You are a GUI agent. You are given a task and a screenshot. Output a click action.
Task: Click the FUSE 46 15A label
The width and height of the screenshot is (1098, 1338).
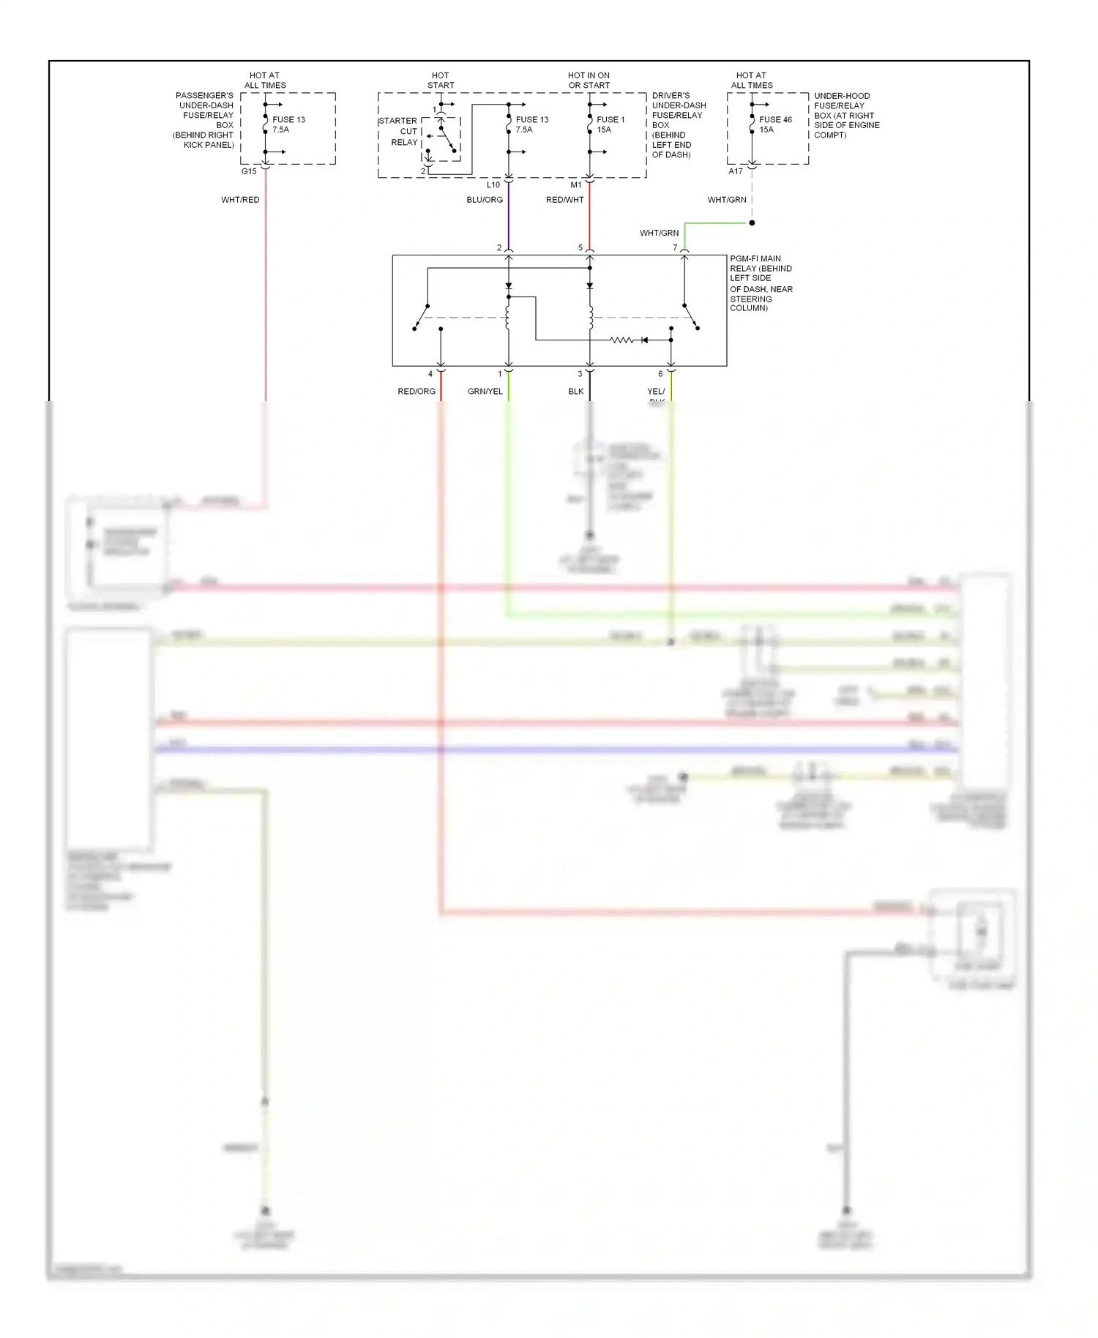775,124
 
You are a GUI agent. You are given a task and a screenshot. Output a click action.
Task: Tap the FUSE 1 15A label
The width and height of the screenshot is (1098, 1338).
610,124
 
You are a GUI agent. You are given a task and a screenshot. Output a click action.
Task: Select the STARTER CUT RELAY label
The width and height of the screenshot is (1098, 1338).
399,132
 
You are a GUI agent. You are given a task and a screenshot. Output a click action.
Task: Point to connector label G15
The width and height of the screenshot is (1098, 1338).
249,171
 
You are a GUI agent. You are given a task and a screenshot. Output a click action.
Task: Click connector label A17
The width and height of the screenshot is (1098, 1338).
736,171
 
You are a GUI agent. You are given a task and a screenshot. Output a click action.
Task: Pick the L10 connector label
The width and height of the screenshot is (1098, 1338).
493,185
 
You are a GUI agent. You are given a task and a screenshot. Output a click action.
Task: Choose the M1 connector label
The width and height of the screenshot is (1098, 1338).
576,185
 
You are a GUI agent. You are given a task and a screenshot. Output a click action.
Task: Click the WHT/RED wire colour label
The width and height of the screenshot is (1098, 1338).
240,200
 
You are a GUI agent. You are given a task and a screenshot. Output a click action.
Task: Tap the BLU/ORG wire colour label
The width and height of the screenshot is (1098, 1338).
485,200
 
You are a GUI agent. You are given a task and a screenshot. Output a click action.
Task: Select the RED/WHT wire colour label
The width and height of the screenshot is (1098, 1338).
564,200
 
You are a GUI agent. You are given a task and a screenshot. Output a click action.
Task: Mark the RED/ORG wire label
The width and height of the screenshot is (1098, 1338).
417,392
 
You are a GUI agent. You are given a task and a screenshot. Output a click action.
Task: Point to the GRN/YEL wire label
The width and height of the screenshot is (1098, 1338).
485,392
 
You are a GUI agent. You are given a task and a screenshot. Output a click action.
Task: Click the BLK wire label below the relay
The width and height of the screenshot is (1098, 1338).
576,392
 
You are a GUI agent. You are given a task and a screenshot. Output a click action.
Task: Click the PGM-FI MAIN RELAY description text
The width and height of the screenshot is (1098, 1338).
761,283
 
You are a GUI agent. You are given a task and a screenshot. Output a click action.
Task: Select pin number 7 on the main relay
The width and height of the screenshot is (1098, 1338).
675,248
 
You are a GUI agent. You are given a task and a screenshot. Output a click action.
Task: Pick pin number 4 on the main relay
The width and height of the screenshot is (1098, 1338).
430,374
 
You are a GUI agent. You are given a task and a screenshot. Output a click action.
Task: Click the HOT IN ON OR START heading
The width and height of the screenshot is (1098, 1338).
589,81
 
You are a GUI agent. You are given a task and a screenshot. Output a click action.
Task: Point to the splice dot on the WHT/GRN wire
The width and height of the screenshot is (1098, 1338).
752,223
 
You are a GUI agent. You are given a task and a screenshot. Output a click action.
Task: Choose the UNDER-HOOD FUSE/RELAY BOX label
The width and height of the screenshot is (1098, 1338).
846,115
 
